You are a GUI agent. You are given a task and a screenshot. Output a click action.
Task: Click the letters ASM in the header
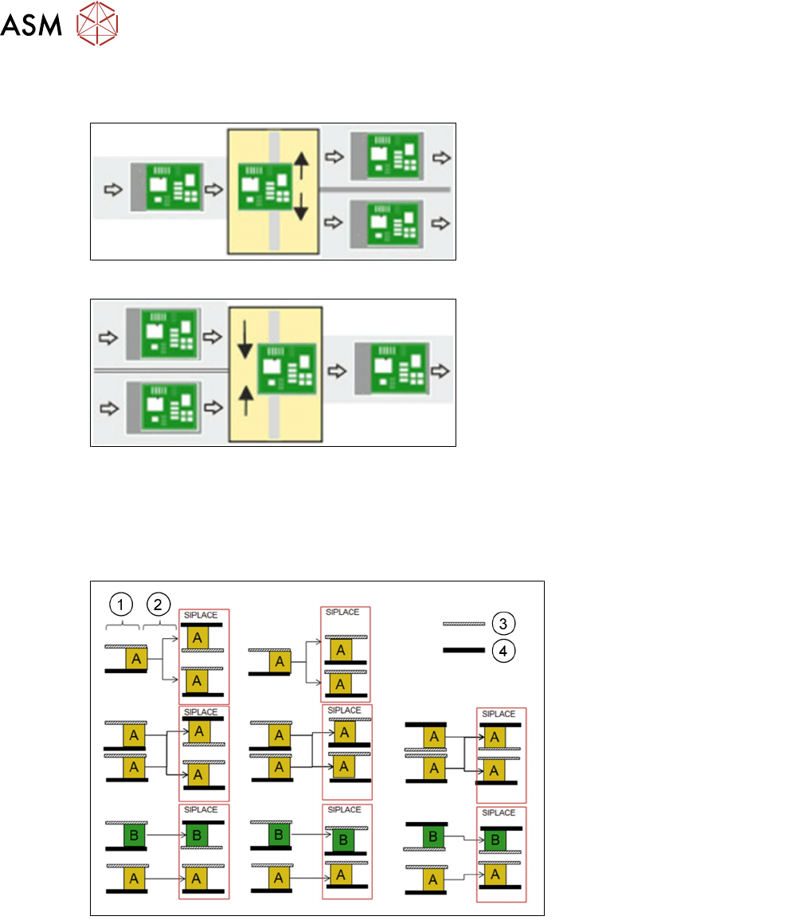pos(31,27)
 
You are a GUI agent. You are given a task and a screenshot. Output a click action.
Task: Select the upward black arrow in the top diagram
pos(301,167)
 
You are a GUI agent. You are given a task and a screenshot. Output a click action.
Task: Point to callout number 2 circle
pos(158,605)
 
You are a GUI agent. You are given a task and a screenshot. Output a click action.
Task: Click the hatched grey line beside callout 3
pos(463,623)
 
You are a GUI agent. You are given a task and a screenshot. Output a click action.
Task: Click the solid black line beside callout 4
pos(463,651)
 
